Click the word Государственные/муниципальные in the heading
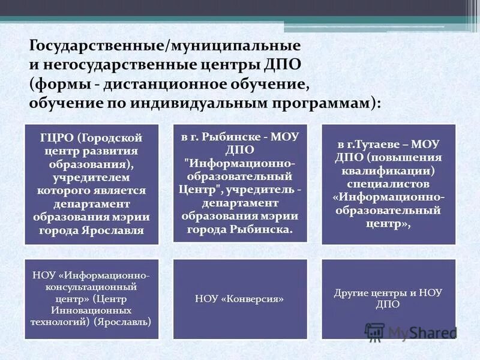[x=164, y=45]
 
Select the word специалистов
[x=388, y=184]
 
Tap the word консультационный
[x=91, y=287]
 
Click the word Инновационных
[x=91, y=310]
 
